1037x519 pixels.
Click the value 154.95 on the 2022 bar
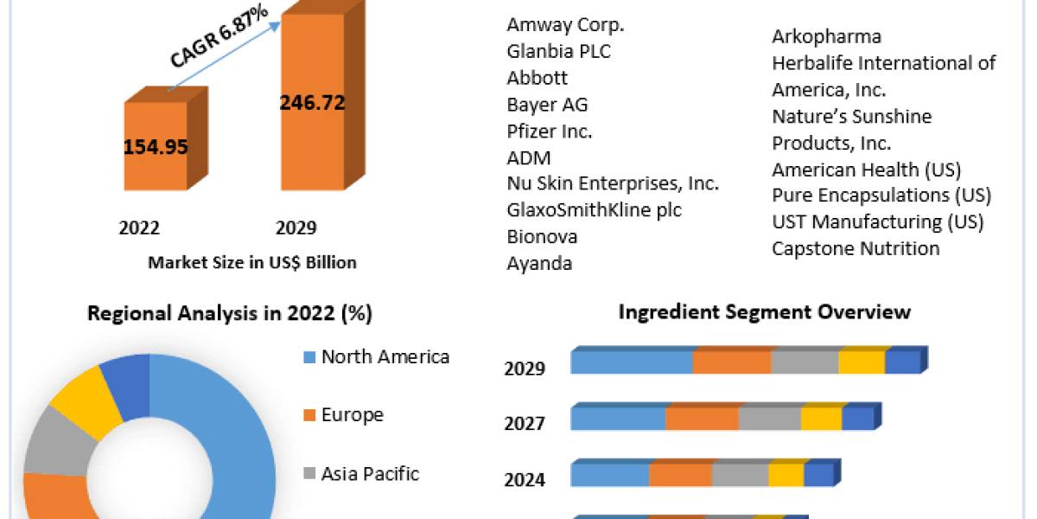(156, 146)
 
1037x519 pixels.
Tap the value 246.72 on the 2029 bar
(312, 103)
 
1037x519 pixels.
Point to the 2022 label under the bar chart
(139, 228)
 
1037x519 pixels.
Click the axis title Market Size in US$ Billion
(252, 262)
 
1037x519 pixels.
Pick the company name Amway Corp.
(565, 25)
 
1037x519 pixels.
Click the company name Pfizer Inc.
(550, 131)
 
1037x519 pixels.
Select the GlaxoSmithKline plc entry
(594, 210)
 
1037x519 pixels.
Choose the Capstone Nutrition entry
(856, 248)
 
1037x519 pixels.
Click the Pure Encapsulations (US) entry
(881, 195)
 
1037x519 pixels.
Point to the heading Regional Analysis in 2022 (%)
(230, 314)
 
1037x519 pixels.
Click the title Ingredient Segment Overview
(764, 311)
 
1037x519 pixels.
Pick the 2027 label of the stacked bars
(525, 424)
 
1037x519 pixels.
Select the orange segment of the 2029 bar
(731, 362)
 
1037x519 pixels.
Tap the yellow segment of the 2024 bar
(786, 475)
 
